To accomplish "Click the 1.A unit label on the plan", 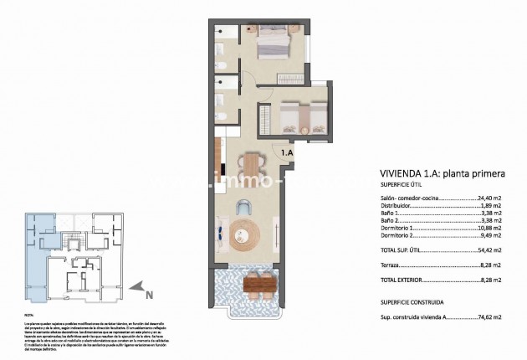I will tap(287, 153).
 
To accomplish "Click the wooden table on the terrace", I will tap(258, 285).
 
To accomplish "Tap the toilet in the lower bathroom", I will tap(221, 118).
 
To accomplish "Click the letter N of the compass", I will tap(149, 294).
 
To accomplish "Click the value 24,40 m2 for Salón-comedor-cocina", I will tap(484, 200).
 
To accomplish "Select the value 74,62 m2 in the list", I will tap(484, 317).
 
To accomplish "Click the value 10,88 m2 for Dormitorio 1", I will tap(484, 229).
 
